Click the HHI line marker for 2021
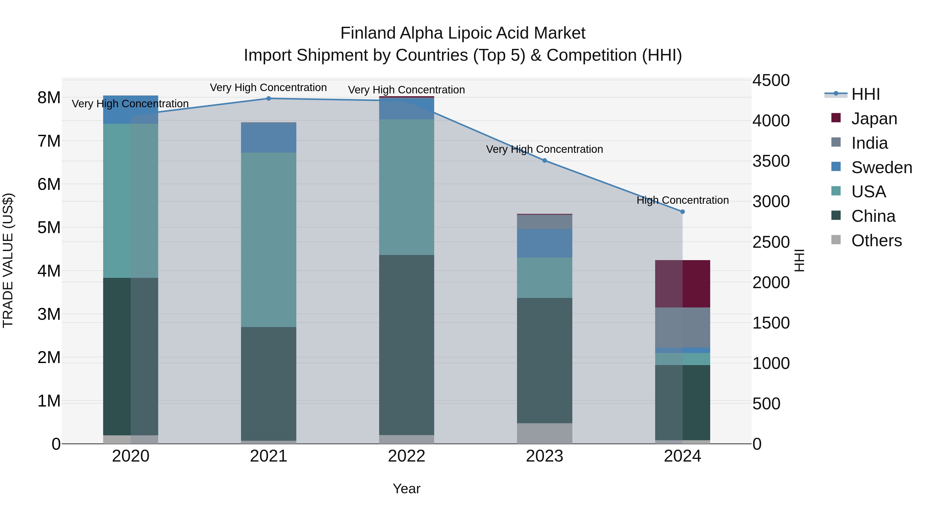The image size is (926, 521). [269, 99]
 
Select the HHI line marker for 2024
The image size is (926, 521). [683, 212]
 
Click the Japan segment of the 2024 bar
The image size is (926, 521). [683, 284]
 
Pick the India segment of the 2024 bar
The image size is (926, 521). [683, 328]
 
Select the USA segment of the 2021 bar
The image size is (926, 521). [269, 240]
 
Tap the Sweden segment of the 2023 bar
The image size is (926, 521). [545, 243]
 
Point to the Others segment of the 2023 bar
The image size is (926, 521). [545, 433]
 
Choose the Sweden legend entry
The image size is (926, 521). [882, 167]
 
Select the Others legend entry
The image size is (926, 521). [876, 241]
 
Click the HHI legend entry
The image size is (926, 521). [866, 94]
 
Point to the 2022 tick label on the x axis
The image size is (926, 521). [407, 456]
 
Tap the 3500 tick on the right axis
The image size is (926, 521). [771, 161]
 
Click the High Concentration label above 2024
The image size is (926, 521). [683, 200]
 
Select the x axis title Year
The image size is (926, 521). [407, 489]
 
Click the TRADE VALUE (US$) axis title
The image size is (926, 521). [8, 260]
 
